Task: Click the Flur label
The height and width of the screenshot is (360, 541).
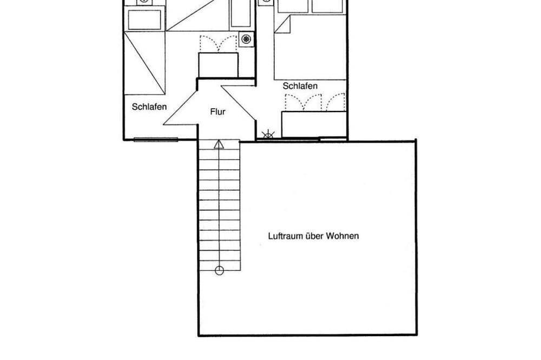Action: tap(217, 112)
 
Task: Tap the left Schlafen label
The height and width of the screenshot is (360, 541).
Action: tap(149, 107)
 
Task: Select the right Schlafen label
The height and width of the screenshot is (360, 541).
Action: tap(300, 86)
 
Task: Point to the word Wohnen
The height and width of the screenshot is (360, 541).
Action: tap(342, 236)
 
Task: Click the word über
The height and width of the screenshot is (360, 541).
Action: tap(315, 236)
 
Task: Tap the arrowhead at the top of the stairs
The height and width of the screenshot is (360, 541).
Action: tap(219, 144)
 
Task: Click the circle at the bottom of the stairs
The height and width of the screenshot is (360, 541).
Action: tap(219, 271)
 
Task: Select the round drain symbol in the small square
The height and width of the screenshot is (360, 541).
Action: tap(246, 39)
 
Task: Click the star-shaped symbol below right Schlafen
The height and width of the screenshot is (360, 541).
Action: tap(268, 135)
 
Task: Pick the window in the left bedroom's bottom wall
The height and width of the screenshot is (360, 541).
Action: tap(156, 139)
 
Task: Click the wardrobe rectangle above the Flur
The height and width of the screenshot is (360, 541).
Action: tap(218, 65)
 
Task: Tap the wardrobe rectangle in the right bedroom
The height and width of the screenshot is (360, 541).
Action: tap(314, 124)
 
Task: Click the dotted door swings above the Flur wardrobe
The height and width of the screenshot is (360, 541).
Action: tap(219, 43)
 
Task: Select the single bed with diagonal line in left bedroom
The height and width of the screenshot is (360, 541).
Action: tap(144, 63)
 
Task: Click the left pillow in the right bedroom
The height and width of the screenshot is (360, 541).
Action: tap(293, 6)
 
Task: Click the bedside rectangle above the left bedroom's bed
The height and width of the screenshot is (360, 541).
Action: tap(144, 20)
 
